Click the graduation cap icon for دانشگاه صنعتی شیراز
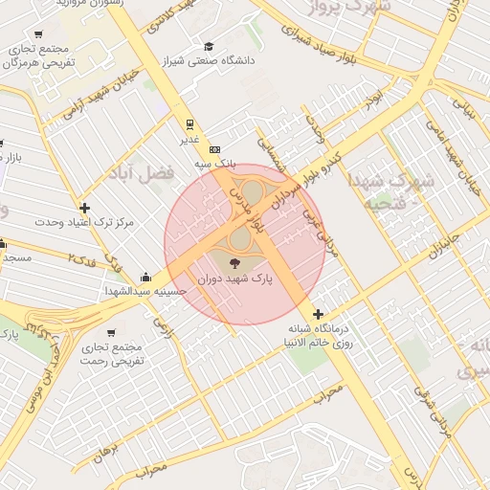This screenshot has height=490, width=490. [209, 46]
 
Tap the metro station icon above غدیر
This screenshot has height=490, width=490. [189, 123]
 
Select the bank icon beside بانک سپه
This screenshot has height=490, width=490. [215, 149]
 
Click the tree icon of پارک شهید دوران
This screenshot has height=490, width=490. [234, 260]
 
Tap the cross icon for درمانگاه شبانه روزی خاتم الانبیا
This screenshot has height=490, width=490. [318, 313]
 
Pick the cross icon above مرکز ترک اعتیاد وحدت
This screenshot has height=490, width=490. [85, 208]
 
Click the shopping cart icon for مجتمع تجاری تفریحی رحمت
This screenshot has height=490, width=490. [112, 333]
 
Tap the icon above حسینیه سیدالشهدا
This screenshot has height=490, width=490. [145, 277]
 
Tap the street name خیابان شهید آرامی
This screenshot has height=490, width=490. [100, 94]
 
